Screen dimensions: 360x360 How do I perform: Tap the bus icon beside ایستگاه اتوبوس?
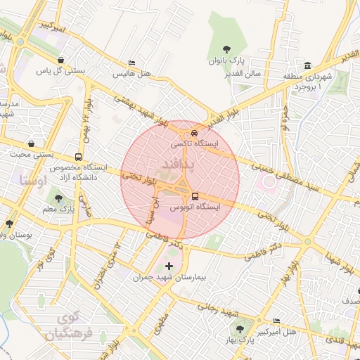(195, 196)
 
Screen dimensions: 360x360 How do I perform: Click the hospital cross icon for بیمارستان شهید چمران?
(169, 266)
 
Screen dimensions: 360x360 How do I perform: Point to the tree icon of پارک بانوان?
(226, 49)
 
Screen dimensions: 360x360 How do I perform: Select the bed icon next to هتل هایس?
(131, 62)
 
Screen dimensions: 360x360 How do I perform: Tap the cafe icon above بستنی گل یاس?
(62, 60)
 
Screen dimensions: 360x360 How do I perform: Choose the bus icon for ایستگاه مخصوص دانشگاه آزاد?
(77, 157)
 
